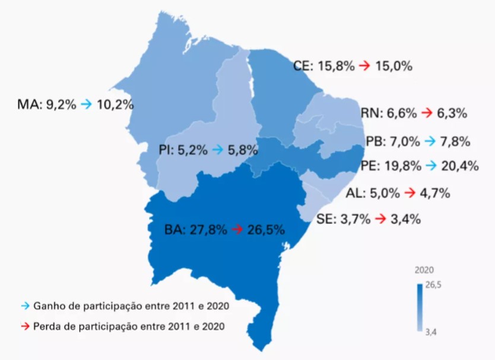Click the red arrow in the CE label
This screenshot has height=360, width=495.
pos(364,66)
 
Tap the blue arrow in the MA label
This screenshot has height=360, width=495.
pos(87,104)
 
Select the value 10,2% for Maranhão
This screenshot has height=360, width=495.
pos(114,104)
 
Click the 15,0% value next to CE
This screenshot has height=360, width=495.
pos(393,66)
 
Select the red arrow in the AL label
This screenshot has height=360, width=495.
pos(408,193)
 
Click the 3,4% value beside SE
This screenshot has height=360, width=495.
pos(405,219)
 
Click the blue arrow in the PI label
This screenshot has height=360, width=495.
pos(218,150)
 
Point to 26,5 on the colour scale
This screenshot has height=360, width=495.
pos(434,286)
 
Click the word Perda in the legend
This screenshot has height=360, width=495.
pos(47,326)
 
